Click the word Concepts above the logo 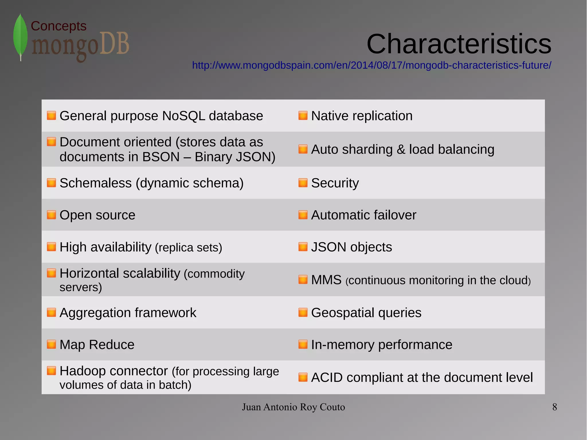click(58, 26)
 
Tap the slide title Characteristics click(459, 44)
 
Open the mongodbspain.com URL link click(371, 65)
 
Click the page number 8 click(555, 407)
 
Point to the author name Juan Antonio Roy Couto click(293, 407)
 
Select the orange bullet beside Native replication click(303, 116)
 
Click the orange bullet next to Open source click(51, 215)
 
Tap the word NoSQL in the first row click(183, 116)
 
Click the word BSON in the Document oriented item click(161, 157)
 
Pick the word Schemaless click(95, 183)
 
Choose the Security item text click(335, 183)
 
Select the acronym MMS click(326, 280)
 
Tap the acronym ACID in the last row click(327, 378)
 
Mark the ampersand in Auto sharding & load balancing click(400, 150)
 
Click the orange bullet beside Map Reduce click(51, 344)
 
